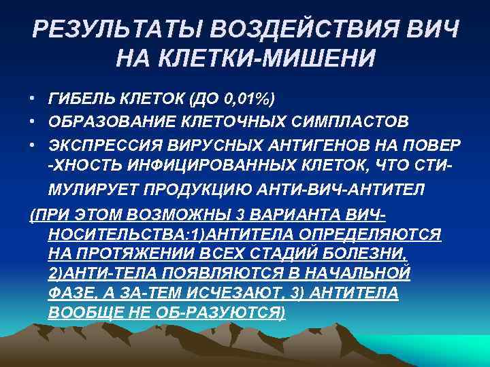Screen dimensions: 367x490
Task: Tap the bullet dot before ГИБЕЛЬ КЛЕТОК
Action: pyautogui.click(x=33, y=100)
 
